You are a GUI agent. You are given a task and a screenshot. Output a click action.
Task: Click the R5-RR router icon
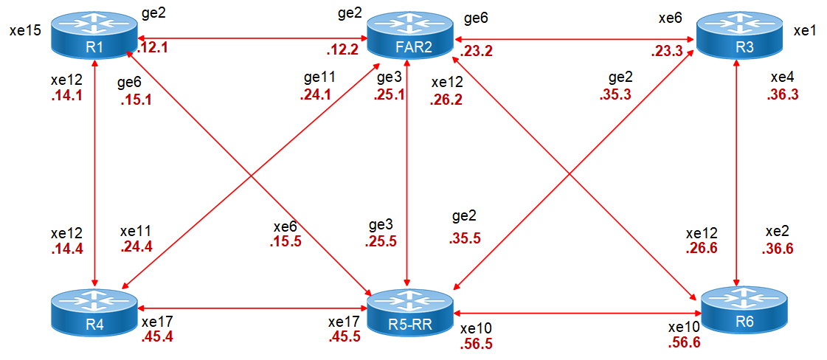(409, 311)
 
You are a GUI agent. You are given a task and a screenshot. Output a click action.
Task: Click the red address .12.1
(153, 48)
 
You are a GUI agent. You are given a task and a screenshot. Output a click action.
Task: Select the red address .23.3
(665, 52)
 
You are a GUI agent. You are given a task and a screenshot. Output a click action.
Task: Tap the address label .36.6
(778, 249)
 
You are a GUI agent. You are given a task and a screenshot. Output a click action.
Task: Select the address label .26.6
(701, 248)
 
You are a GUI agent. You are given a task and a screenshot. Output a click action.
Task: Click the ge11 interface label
(319, 77)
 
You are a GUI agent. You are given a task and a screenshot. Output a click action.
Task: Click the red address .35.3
(616, 94)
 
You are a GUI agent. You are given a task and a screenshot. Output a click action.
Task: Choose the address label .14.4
(66, 249)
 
